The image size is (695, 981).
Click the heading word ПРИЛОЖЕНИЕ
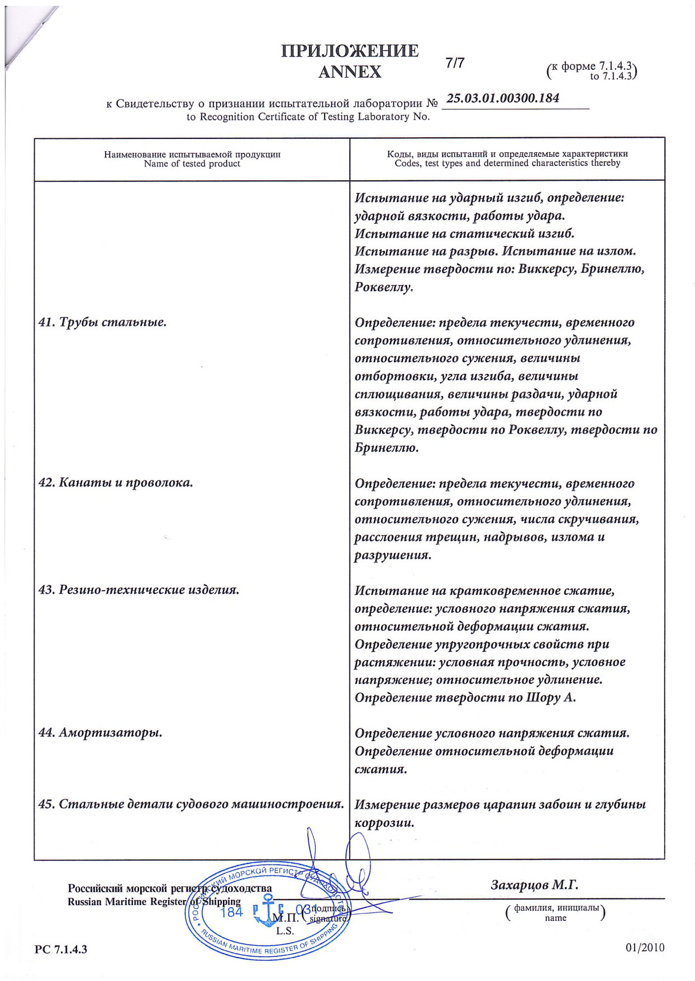tap(350, 51)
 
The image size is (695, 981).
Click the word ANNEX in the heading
tap(350, 72)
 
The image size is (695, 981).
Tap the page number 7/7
tap(455, 63)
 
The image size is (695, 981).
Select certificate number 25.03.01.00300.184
tap(503, 98)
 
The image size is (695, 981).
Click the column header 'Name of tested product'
tap(192, 163)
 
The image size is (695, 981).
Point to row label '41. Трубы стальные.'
tap(102, 322)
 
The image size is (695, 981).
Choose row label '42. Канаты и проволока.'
tap(116, 483)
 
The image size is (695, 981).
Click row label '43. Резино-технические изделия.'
tap(139, 590)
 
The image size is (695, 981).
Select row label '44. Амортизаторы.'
tap(101, 733)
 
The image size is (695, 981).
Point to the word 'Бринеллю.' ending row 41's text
tap(387, 448)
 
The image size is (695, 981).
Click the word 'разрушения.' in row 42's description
tap(393, 555)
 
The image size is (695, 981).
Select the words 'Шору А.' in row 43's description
tap(551, 698)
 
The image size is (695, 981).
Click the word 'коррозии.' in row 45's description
tap(384, 823)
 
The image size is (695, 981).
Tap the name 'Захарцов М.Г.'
tap(534, 885)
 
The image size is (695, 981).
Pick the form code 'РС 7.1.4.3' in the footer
tap(61, 949)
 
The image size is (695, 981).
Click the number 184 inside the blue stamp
tap(232, 913)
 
